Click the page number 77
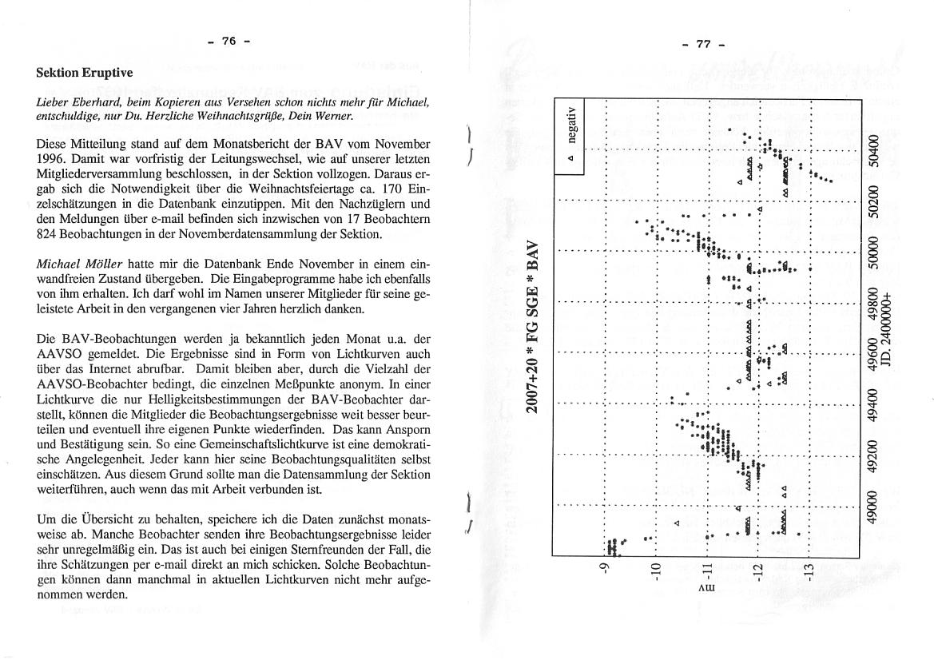tap(703, 44)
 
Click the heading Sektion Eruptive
tap(85, 73)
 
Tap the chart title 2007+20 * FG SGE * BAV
tap(533, 327)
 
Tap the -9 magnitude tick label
tap(605, 570)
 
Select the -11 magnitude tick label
tap(706, 572)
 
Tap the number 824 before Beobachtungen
tap(46, 234)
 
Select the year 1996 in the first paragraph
tap(50, 158)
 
